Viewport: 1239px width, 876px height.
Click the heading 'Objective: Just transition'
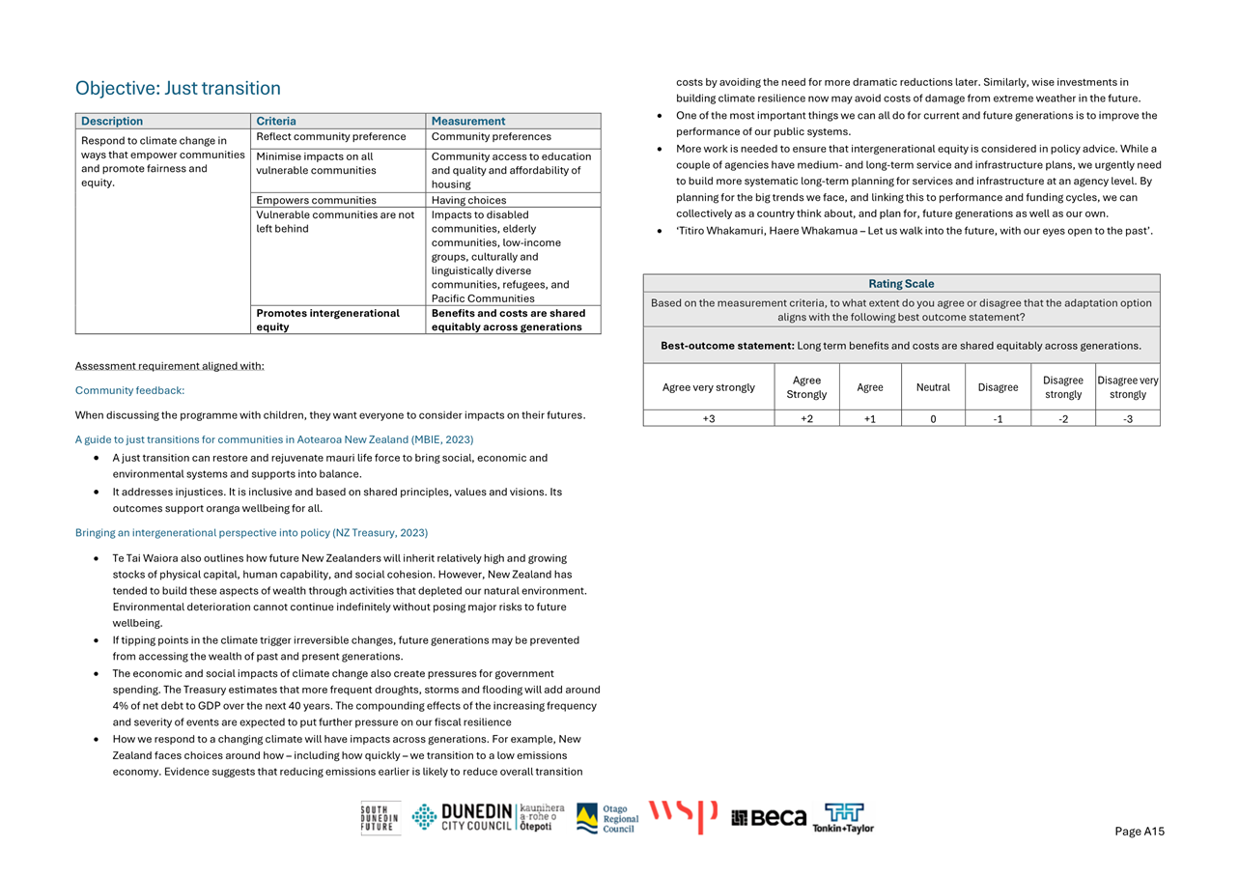click(x=178, y=89)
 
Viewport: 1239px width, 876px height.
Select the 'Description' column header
click(x=112, y=122)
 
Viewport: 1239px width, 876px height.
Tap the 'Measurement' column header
click(x=467, y=122)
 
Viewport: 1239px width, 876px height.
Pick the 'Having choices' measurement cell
click(x=468, y=201)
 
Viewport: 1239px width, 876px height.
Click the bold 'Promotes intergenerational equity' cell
click(x=327, y=320)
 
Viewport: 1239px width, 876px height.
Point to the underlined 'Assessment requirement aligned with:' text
click(x=169, y=366)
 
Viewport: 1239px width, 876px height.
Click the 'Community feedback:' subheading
click(x=129, y=390)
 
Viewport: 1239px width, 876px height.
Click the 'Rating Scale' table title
click(x=901, y=284)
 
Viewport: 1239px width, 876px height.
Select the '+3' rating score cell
click(x=709, y=418)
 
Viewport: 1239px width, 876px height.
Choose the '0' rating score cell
click(x=933, y=418)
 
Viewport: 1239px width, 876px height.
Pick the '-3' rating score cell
click(x=1128, y=418)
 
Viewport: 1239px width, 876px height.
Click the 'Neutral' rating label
click(x=933, y=387)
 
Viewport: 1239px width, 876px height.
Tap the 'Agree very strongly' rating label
click(x=709, y=387)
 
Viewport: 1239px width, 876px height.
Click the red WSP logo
click(x=683, y=816)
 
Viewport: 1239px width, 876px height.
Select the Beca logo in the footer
click(x=769, y=818)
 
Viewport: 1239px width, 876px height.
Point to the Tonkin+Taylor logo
click(x=843, y=818)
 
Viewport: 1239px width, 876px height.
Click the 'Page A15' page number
click(x=1140, y=832)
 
